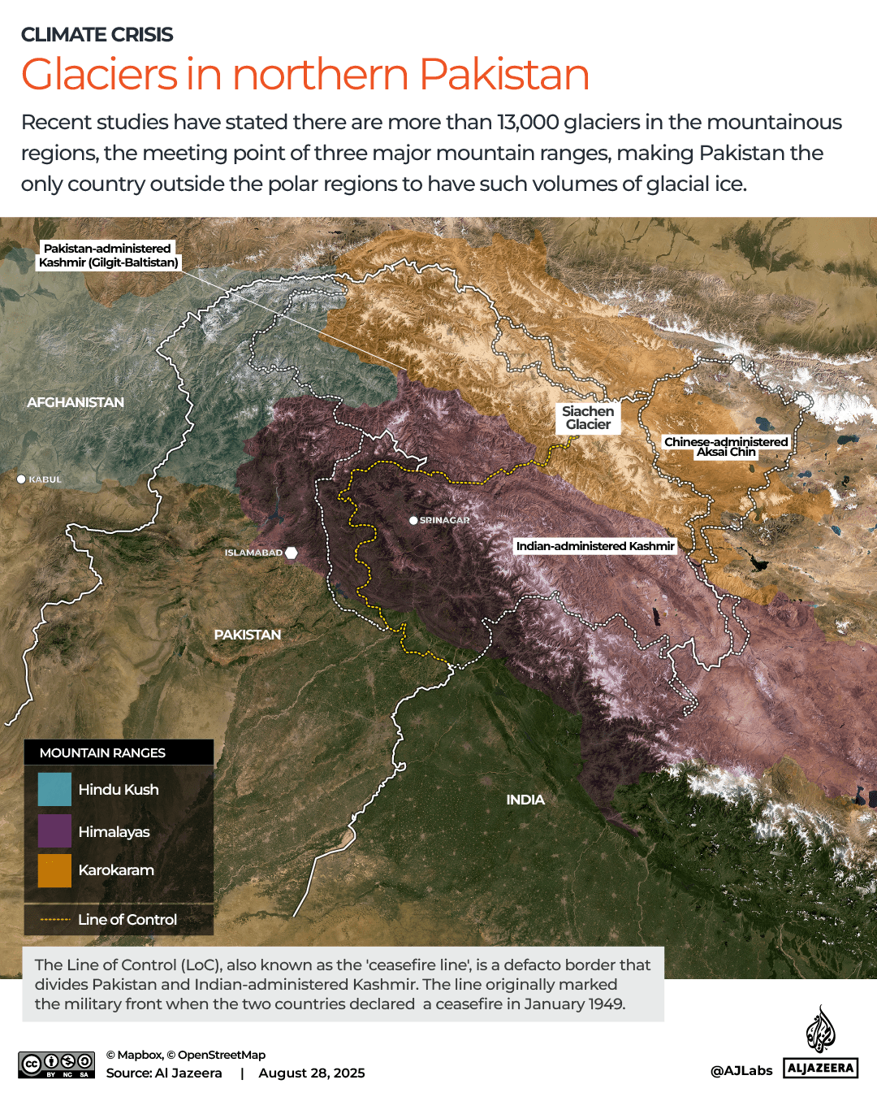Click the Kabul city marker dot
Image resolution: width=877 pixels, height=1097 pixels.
[x=22, y=479]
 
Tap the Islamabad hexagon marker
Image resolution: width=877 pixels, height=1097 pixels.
[x=292, y=553]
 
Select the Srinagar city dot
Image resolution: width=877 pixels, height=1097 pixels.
[x=413, y=520]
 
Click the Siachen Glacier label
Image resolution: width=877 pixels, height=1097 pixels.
[x=588, y=418]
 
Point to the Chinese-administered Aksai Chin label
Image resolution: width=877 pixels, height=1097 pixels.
[x=726, y=447]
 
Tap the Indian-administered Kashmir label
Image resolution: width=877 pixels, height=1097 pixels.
[x=595, y=546]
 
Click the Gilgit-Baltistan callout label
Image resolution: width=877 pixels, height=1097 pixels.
[x=108, y=255]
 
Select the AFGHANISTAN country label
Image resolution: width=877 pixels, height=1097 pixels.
[x=76, y=402]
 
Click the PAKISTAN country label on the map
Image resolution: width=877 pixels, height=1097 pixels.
[x=248, y=635]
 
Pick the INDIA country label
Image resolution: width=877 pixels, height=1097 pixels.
[x=525, y=800]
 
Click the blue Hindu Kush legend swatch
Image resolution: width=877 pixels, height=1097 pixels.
[x=54, y=789]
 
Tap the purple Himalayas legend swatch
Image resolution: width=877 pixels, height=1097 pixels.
[x=54, y=831]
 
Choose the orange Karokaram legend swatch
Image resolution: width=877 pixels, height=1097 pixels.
[x=54, y=870]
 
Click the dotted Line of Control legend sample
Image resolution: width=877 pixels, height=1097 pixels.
[x=55, y=920]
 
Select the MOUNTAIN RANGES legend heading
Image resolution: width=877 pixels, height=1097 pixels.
[x=102, y=753]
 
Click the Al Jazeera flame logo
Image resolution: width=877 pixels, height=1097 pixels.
[x=820, y=1030]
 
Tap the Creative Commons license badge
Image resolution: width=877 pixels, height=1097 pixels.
[x=57, y=1064]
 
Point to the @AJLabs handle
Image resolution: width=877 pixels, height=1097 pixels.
[x=741, y=1071]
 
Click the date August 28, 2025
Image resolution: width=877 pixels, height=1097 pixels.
[x=312, y=1073]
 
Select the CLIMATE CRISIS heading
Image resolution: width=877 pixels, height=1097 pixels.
[x=97, y=35]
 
